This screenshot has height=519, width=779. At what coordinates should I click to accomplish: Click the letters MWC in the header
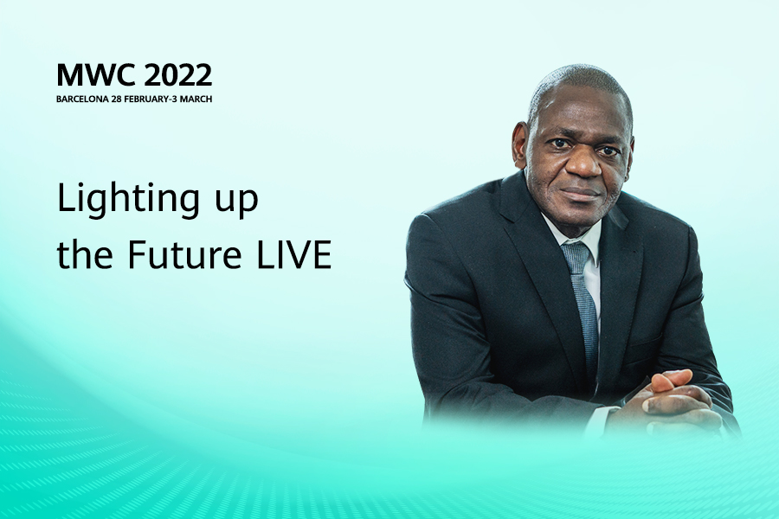pyautogui.click(x=96, y=75)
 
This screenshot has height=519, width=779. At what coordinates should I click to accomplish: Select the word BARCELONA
pyautogui.click(x=82, y=99)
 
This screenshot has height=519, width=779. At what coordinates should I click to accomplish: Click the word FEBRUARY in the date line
pyautogui.click(x=146, y=99)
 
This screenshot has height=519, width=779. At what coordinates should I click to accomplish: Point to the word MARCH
pyautogui.click(x=196, y=99)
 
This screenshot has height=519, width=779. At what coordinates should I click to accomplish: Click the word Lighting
pyautogui.click(x=128, y=200)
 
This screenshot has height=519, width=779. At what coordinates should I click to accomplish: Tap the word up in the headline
pyautogui.click(x=236, y=202)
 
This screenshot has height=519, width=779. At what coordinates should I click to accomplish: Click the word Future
pyautogui.click(x=184, y=254)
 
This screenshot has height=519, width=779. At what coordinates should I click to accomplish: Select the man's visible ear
pyautogui.click(x=521, y=144)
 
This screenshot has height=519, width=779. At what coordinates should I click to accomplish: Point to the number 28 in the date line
pyautogui.click(x=116, y=99)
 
